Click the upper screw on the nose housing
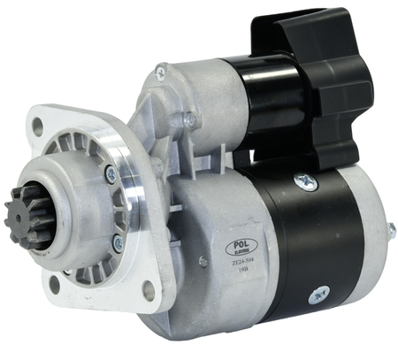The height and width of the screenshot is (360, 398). tap(111, 175)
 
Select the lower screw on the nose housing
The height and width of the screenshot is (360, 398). tap(117, 241)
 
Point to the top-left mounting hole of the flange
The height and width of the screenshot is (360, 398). tap(38, 126)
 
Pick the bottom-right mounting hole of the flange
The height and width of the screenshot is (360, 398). tap(148, 291)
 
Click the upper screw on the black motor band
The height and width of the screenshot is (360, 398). tap(305, 181)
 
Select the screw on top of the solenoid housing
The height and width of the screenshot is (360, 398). tap(160, 73)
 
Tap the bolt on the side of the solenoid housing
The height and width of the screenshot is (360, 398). tap(189, 119)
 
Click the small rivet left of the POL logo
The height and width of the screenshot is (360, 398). tap(203, 261)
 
